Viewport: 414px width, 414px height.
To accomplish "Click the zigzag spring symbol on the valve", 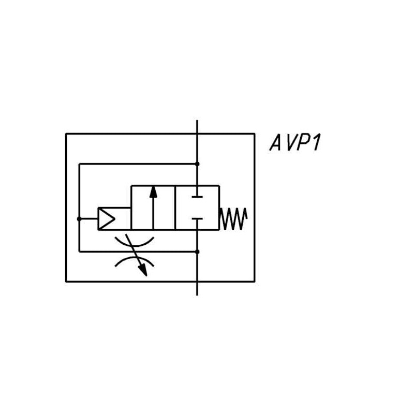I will tap(234, 218).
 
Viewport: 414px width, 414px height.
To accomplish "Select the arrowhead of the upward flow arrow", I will tap(153, 191).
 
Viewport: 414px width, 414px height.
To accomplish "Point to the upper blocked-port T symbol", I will tap(197, 196).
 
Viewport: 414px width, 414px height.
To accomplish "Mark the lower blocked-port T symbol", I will tap(197, 220).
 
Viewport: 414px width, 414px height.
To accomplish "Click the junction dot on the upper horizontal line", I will tap(197, 164).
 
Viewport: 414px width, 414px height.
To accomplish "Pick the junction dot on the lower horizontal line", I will tap(197, 252).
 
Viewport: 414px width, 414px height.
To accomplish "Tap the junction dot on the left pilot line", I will tap(79, 218).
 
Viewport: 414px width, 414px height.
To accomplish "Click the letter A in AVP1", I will tap(275, 143).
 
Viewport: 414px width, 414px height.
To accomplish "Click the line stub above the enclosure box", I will tap(197, 127).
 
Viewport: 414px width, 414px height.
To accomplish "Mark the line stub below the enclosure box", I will tap(197, 289).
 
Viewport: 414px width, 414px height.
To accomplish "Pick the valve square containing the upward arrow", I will tap(153, 207).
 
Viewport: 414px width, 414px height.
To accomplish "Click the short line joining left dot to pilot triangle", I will tap(88, 218).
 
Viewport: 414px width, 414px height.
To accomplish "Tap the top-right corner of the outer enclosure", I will tap(254, 134).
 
